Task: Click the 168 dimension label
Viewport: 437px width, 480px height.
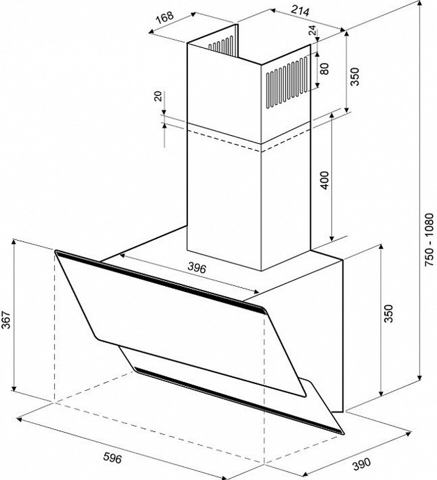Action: pyautogui.click(x=165, y=17)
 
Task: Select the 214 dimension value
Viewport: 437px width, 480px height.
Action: pyautogui.click(x=300, y=10)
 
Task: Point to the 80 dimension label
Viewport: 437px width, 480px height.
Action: pyautogui.click(x=324, y=68)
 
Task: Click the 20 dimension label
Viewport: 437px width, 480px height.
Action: pyautogui.click(x=157, y=96)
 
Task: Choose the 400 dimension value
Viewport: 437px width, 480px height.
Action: pyautogui.click(x=325, y=180)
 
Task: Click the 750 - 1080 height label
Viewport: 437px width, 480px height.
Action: pyautogui.click(x=429, y=239)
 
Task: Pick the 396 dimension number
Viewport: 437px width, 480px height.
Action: pyautogui.click(x=197, y=268)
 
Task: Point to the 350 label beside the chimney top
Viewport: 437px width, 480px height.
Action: pyautogui.click(x=354, y=76)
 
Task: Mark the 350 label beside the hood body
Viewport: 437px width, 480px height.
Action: pyautogui.click(x=388, y=313)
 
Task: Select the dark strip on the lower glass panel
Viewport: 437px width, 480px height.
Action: pyautogui.click(x=239, y=400)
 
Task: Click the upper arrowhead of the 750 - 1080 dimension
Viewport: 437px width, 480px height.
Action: pyautogui.click(x=420, y=3)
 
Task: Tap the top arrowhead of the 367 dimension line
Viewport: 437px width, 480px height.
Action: pyautogui.click(x=13, y=242)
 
